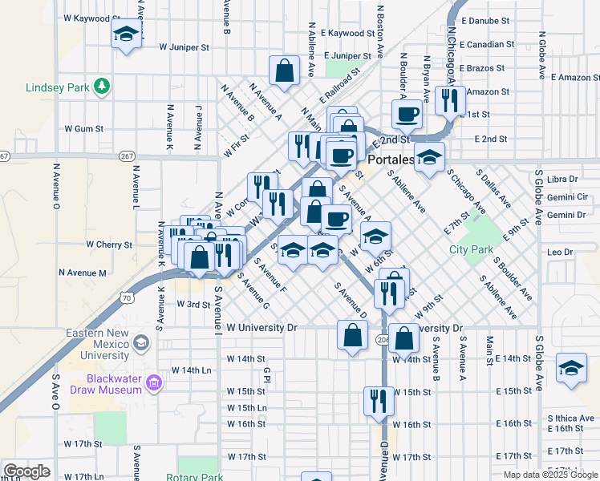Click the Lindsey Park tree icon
[x=102, y=85]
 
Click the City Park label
[x=471, y=249]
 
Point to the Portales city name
[x=390, y=160]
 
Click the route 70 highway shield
[x=126, y=298]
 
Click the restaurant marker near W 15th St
[x=379, y=401]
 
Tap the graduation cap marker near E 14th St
[x=570, y=368]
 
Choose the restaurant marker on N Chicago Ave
[x=451, y=100]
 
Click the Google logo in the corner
[x=26, y=471]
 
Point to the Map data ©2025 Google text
[x=549, y=475]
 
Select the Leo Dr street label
[x=560, y=252]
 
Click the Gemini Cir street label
[x=567, y=196]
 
